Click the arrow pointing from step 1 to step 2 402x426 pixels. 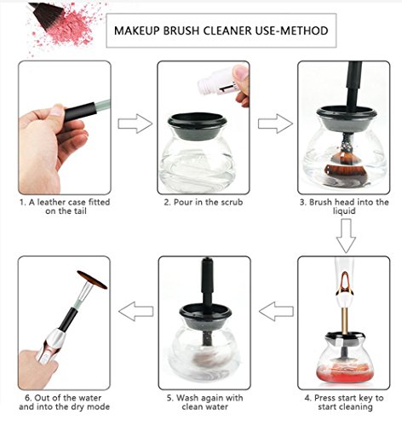[x=135, y=124]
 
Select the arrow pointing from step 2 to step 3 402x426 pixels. [x=275, y=124]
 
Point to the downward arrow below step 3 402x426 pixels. [x=346, y=235]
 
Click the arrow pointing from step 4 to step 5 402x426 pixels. [x=276, y=311]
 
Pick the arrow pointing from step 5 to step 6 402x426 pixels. [x=136, y=311]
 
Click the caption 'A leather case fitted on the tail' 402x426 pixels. [x=65, y=206]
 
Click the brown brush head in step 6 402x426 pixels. [x=92, y=279]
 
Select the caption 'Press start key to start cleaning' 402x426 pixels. [x=344, y=402]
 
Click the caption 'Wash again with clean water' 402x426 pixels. [x=204, y=402]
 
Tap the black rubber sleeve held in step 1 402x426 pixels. [x=80, y=112]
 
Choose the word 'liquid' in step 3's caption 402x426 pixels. [x=344, y=211]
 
